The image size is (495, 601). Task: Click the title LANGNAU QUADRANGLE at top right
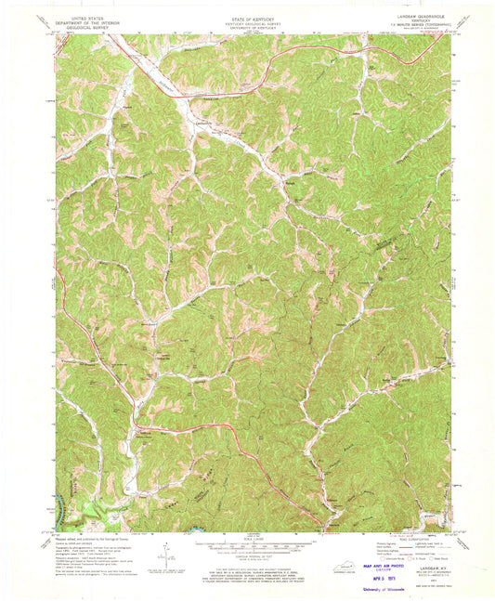tap(425, 13)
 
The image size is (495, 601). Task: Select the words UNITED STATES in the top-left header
tap(84, 13)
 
